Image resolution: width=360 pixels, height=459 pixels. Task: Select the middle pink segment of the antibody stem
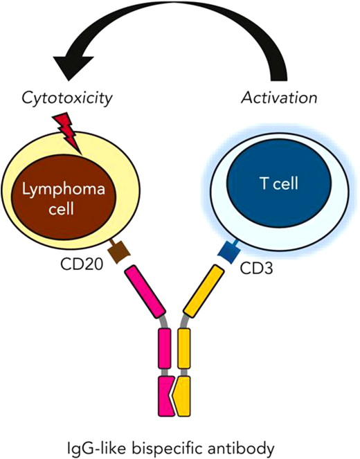tap(166, 350)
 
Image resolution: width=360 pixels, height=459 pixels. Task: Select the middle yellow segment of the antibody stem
tap(183, 350)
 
